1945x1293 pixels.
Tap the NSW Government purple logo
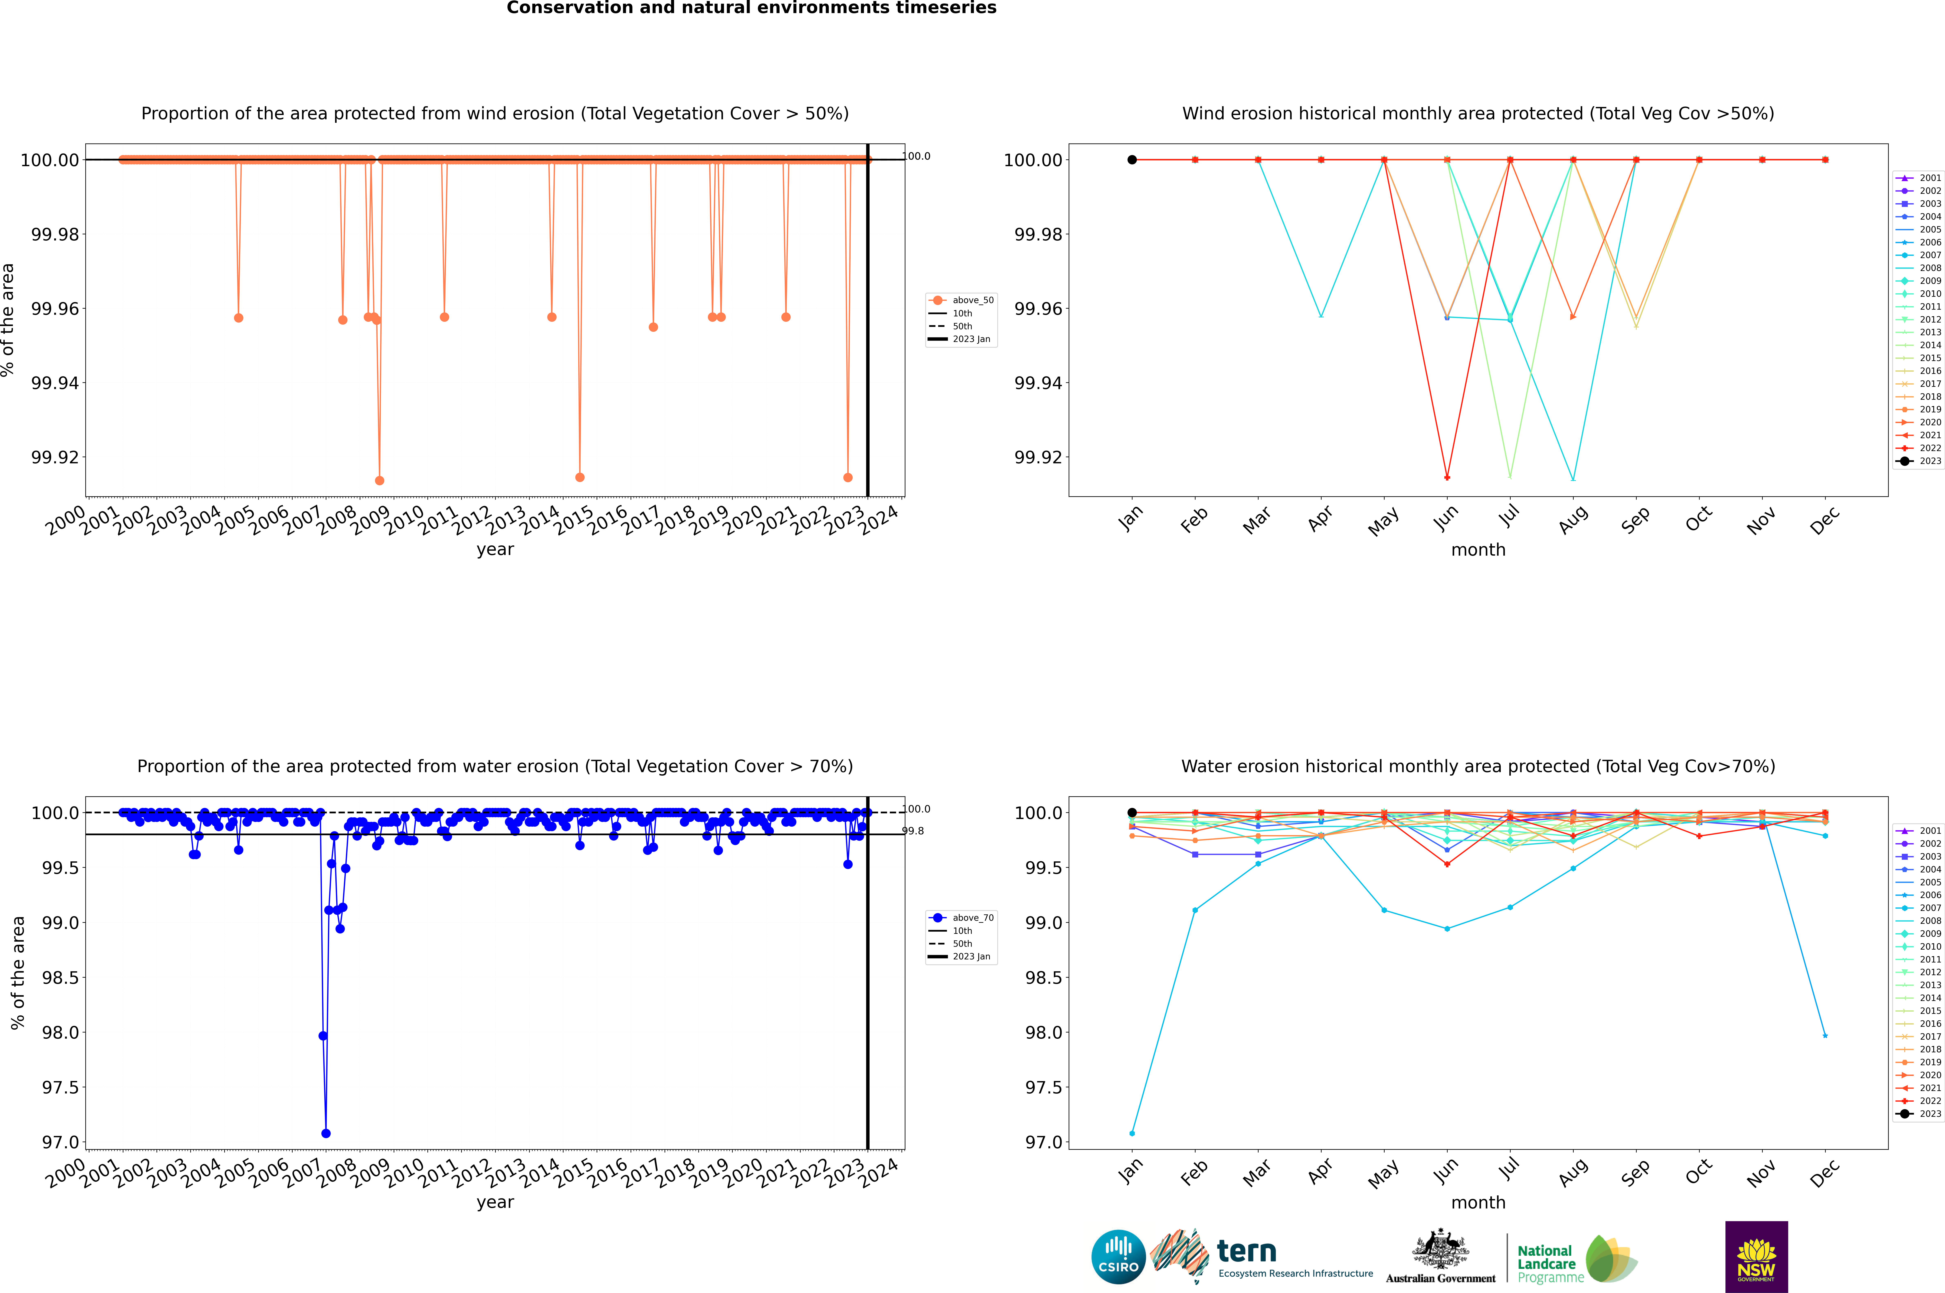(x=1756, y=1257)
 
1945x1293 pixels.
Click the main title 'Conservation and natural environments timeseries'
(x=751, y=8)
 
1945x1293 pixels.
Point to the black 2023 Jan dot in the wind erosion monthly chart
(x=1132, y=160)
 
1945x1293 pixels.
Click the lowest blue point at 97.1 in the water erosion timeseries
(x=326, y=1133)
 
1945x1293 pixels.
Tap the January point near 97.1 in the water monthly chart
(x=1132, y=1133)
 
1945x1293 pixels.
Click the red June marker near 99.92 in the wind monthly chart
(x=1447, y=477)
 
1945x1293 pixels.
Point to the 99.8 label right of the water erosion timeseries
(x=914, y=831)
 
